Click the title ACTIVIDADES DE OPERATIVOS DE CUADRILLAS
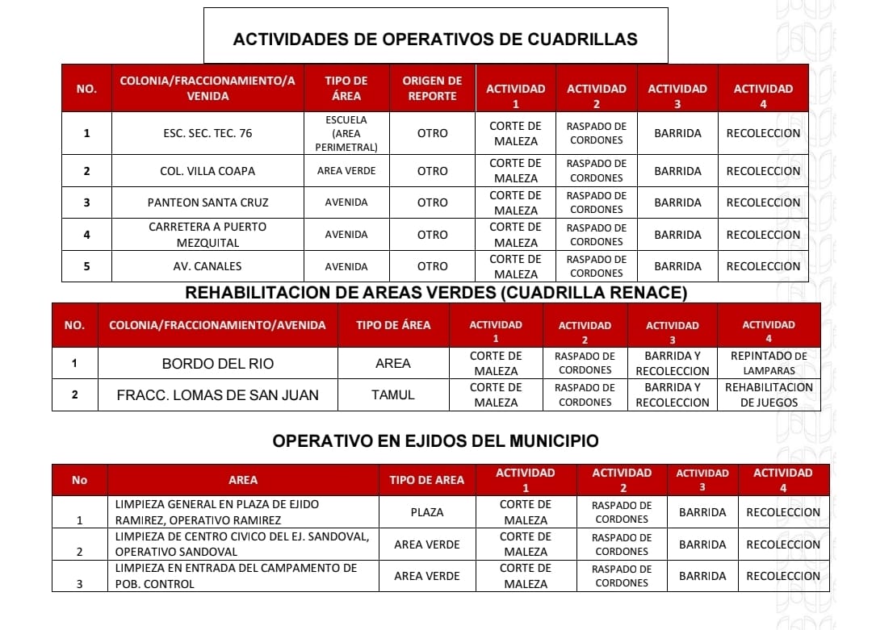pyautogui.click(x=435, y=39)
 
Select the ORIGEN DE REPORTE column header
pyautogui.click(x=432, y=88)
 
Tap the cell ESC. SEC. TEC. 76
pyautogui.click(x=208, y=133)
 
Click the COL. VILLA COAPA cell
pyautogui.click(x=208, y=171)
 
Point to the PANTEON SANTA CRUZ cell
pyautogui.click(x=208, y=202)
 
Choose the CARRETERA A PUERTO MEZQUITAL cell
pyautogui.click(x=208, y=235)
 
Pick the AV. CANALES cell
pyautogui.click(x=208, y=266)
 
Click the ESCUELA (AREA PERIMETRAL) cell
pyautogui.click(x=346, y=133)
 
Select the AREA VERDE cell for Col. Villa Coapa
pyautogui.click(x=346, y=171)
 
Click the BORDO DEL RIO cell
pyautogui.click(x=218, y=364)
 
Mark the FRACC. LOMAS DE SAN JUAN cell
pyautogui.click(x=218, y=395)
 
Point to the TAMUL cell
pyautogui.click(x=393, y=395)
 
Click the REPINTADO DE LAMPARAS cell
pyautogui.click(x=769, y=363)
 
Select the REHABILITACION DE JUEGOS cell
pyautogui.click(x=769, y=394)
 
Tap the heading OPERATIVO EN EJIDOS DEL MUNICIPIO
pyautogui.click(x=435, y=441)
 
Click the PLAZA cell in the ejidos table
pyautogui.click(x=427, y=512)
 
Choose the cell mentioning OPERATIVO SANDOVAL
pyautogui.click(x=242, y=544)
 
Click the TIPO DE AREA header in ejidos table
pyautogui.click(x=427, y=480)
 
